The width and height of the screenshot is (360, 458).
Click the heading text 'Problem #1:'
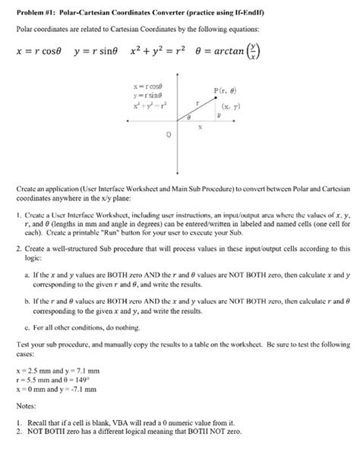click(35, 9)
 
